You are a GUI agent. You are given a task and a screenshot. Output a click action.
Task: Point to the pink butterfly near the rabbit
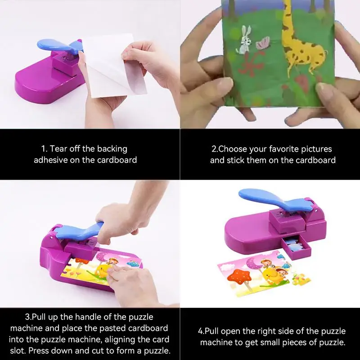click(x=263, y=43)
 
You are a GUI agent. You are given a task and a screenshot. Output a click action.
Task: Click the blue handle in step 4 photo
click(x=275, y=199)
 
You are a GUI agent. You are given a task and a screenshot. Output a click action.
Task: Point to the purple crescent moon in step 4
click(x=254, y=263)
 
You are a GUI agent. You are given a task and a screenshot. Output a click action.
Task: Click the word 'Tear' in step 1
click(x=58, y=149)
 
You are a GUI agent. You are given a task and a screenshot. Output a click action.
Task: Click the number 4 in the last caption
click(x=200, y=331)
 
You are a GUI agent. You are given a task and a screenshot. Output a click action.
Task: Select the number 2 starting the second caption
click(x=214, y=149)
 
